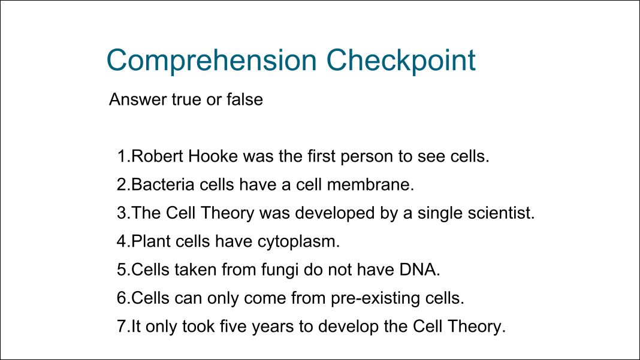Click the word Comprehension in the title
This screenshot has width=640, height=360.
coord(212,61)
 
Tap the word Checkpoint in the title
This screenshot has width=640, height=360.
coord(401,61)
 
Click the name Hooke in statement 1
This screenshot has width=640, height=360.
coord(213,156)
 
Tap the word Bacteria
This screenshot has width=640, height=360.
coord(163,184)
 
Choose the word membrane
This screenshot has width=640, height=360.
coord(370,184)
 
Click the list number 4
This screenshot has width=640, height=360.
coord(122,241)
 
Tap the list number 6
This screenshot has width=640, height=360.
coord(122,298)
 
